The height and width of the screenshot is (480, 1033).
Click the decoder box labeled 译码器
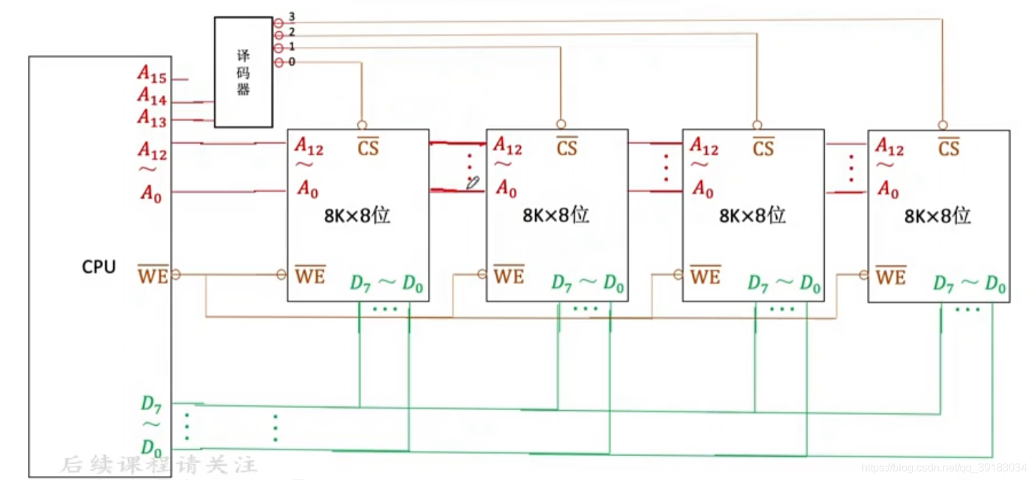[x=243, y=72]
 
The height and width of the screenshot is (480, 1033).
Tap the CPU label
[x=99, y=267]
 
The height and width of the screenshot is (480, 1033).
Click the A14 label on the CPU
[x=153, y=97]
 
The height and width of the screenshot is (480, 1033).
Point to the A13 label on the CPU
[x=153, y=117]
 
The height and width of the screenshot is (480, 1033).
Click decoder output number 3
[x=291, y=16]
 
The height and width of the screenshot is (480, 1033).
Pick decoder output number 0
[x=291, y=62]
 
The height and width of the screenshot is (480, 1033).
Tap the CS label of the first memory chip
[x=368, y=146]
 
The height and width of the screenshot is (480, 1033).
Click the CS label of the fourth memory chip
[x=948, y=146]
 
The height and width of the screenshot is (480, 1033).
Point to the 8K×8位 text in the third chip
[x=752, y=216]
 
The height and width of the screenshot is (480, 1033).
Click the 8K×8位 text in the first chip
[x=357, y=216]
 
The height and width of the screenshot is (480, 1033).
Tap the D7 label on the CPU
[x=151, y=404]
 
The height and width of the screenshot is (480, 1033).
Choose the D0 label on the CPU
[x=151, y=447]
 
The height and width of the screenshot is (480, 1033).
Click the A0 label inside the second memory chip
[x=506, y=189]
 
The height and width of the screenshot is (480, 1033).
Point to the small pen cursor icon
[x=473, y=182]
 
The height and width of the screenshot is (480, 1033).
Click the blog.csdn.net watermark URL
[x=943, y=468]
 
